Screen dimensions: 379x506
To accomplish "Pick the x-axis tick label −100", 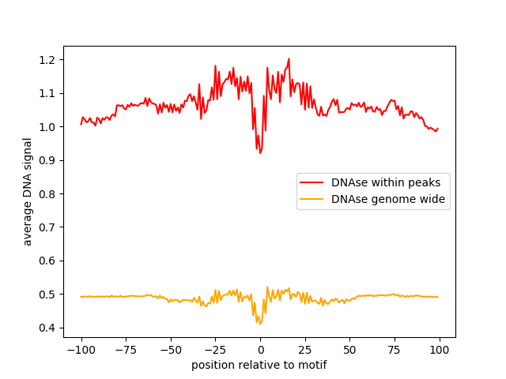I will (81, 350).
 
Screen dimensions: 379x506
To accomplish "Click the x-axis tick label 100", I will (440, 350).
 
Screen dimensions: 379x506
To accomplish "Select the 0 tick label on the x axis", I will (260, 350).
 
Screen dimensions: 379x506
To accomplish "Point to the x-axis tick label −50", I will (171, 350).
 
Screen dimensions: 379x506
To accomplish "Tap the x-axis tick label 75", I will (395, 350).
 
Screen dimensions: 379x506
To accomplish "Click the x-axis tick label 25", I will (305, 350).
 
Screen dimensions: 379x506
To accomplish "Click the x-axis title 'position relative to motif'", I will (259, 365).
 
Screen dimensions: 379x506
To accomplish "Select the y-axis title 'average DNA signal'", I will (28, 192).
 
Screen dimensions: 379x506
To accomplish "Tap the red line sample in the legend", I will (314, 182).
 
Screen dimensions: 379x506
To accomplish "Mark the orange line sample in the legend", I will (314, 200).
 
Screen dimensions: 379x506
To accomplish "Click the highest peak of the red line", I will (289, 58).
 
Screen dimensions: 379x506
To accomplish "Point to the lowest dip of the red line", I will (260, 152).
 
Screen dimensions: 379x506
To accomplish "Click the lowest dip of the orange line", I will (259, 324).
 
